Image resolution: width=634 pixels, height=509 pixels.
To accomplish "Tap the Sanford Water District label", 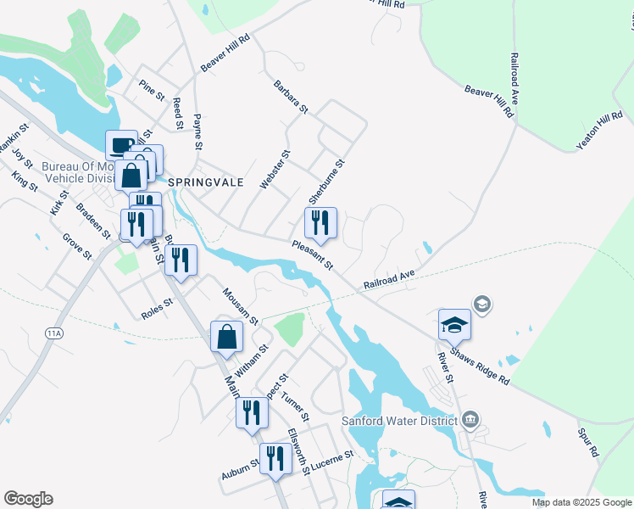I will (401, 420).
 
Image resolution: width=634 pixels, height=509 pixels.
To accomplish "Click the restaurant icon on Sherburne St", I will (320, 223).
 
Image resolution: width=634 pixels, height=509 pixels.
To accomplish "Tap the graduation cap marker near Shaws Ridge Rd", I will (454, 324).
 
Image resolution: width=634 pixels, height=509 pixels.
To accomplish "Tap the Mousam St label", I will (240, 306).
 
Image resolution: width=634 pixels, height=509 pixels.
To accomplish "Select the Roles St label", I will (157, 308).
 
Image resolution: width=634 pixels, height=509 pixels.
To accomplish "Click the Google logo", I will (28, 499).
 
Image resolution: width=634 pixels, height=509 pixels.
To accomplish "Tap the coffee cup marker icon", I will (121, 145).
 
